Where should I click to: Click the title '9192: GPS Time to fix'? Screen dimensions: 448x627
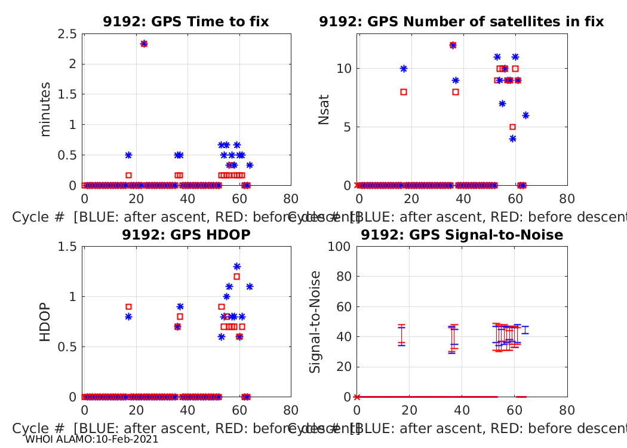(x=186, y=22)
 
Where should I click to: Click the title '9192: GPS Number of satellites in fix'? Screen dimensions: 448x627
(x=461, y=22)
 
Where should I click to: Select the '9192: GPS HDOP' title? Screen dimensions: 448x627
(x=186, y=235)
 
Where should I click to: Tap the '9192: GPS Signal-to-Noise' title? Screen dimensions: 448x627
(x=462, y=235)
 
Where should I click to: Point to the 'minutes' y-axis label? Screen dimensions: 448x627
(x=45, y=109)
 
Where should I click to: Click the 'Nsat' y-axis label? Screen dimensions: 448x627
(x=324, y=109)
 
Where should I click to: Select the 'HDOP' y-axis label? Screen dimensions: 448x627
(x=45, y=323)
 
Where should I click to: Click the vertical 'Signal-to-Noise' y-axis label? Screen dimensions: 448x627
(x=315, y=322)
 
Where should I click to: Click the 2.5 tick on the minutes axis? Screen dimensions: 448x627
(x=67, y=34)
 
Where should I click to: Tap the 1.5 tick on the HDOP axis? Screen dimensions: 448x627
(x=67, y=247)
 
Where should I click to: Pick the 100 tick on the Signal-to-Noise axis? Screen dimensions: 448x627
(x=342, y=247)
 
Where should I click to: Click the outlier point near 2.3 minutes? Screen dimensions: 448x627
(x=144, y=44)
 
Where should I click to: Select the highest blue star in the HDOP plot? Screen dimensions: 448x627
(x=237, y=266)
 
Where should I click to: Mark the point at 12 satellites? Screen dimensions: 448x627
(x=453, y=45)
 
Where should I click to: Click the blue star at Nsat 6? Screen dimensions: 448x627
(x=525, y=115)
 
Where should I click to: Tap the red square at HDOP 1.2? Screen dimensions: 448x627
(x=237, y=277)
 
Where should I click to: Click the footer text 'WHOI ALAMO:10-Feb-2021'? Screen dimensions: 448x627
(x=92, y=440)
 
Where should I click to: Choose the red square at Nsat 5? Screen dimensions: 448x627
(x=512, y=127)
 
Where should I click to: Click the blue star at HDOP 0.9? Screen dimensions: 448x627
(x=180, y=306)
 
